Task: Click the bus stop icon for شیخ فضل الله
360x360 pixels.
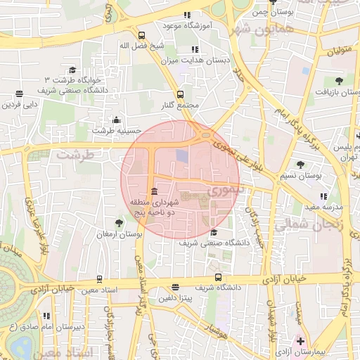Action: pos(141,35)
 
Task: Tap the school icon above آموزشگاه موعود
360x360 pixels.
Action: pos(186,15)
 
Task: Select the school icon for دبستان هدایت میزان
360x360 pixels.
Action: pos(195,49)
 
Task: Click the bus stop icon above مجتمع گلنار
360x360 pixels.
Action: pos(180,94)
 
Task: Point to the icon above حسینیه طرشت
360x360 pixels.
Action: pos(116,119)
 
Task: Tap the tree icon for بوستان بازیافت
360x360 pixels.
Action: pos(339,81)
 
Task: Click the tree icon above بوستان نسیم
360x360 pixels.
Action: pos(301,164)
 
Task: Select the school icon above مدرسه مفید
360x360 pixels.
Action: pos(323,196)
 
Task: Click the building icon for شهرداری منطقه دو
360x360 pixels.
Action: pos(153,191)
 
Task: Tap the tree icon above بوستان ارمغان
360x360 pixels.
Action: pos(119,223)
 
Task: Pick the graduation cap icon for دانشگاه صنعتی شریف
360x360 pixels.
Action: pos(214,232)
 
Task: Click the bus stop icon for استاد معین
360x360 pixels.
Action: pos(99,278)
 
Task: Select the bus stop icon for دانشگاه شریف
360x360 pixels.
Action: pos(218,278)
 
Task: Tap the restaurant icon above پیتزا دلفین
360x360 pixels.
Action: pos(175,288)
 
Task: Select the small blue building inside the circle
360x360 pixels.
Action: pos(182,155)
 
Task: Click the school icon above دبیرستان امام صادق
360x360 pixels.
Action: pos(46,316)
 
